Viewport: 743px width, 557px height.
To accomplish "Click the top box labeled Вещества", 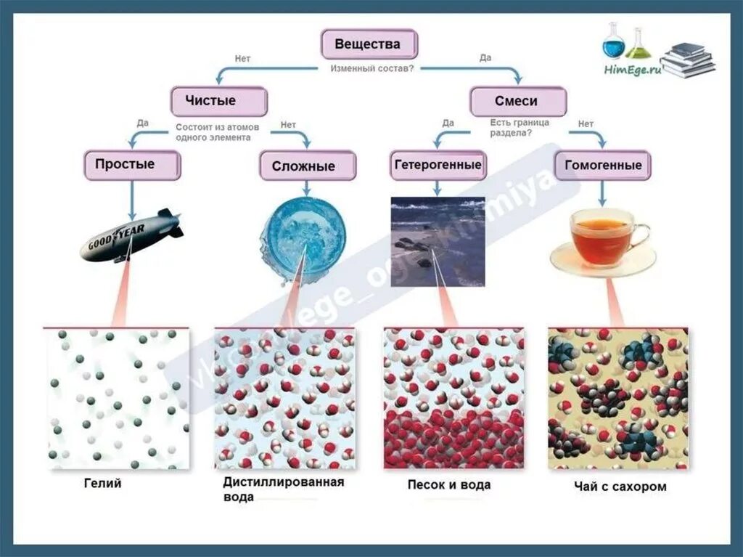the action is pyautogui.click(x=369, y=44).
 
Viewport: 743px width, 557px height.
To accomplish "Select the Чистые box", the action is pyautogui.click(x=218, y=102).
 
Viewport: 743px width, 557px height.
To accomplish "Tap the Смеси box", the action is pyautogui.click(x=517, y=102).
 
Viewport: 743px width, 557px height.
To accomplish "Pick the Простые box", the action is pyautogui.click(x=131, y=165).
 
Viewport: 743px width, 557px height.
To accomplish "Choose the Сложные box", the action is pyautogui.click(x=307, y=166).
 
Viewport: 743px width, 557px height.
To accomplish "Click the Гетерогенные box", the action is pyautogui.click(x=438, y=165).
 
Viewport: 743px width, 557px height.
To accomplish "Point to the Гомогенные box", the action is pyautogui.click(x=603, y=166).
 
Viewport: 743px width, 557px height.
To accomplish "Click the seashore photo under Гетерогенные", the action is pyautogui.click(x=438, y=240).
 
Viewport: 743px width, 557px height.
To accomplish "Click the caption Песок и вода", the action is pyautogui.click(x=448, y=484).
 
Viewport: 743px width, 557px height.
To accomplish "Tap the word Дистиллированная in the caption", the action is pyautogui.click(x=283, y=481).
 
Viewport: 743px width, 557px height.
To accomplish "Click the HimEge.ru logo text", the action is pyautogui.click(x=632, y=69).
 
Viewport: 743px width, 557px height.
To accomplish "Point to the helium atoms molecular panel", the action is pyautogui.click(x=116, y=398).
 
